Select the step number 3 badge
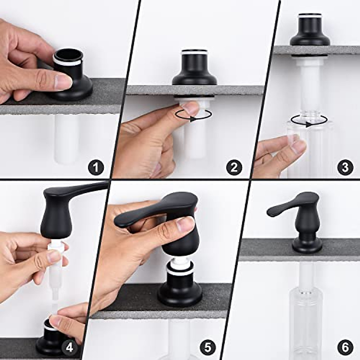click(345, 167)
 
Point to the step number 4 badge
click(69, 347)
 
